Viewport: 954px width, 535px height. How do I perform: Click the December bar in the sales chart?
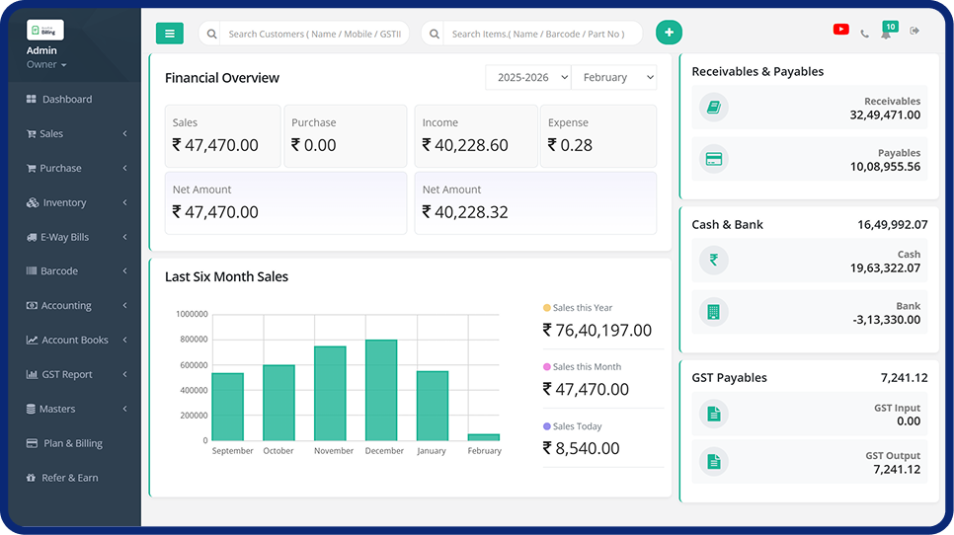tap(381, 391)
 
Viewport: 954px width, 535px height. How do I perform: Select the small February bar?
tap(484, 437)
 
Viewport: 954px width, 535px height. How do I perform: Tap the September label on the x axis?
tap(233, 451)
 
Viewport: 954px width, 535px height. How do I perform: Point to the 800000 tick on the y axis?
tap(192, 340)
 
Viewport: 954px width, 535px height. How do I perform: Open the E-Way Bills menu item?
tap(65, 237)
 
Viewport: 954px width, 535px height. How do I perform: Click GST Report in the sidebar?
tap(67, 374)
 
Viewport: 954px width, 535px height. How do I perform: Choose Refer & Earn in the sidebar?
tap(69, 478)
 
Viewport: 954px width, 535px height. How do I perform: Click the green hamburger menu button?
tap(170, 34)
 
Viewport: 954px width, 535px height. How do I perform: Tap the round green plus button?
tap(669, 33)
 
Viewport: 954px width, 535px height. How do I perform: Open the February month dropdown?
tap(614, 77)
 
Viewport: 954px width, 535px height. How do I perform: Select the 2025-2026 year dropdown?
tap(528, 77)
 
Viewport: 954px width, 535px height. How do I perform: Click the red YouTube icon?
tap(840, 30)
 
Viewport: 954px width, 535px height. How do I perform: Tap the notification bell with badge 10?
tap(887, 33)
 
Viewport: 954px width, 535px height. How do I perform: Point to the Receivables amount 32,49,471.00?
tap(885, 115)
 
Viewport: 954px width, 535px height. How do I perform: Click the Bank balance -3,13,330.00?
tap(886, 320)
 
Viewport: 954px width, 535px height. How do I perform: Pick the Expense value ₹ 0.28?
tap(570, 145)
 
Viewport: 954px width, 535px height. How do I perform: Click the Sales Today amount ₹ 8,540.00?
tap(582, 448)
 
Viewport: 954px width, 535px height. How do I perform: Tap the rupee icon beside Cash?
tap(714, 261)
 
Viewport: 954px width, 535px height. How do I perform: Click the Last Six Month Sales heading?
tap(226, 276)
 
